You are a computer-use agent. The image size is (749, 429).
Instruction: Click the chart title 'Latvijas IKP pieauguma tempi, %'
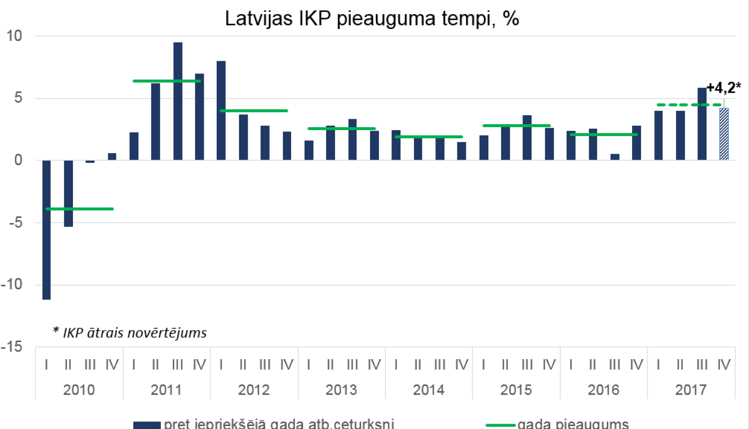click(x=372, y=18)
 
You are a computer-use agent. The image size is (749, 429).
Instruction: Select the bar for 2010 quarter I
click(x=46, y=229)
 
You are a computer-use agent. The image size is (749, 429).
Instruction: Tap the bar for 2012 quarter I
click(x=221, y=110)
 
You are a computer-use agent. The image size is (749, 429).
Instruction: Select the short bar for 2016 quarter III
click(x=615, y=157)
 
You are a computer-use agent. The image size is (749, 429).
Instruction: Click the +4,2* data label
click(x=724, y=88)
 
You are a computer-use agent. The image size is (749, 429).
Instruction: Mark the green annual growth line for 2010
click(x=80, y=209)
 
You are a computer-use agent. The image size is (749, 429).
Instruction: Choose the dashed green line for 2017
click(x=689, y=105)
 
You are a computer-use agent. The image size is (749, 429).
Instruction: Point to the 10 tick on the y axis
click(x=14, y=36)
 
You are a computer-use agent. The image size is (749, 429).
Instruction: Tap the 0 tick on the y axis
click(x=18, y=160)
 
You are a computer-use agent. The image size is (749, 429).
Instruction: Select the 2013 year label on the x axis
click(x=341, y=390)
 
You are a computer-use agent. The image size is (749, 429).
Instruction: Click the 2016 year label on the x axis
click(x=603, y=390)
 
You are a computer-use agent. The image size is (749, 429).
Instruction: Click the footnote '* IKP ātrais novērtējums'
click(x=130, y=333)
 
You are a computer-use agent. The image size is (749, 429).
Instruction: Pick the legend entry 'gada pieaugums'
click(x=573, y=424)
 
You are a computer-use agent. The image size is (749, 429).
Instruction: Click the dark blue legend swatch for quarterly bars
click(x=147, y=425)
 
